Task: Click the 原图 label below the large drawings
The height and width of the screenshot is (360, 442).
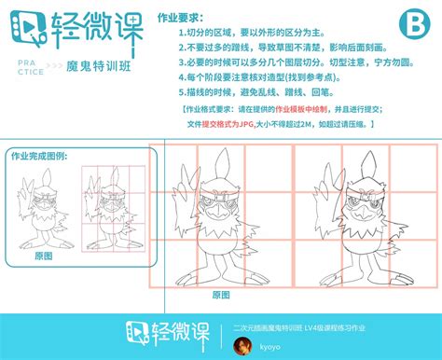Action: [221, 294]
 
